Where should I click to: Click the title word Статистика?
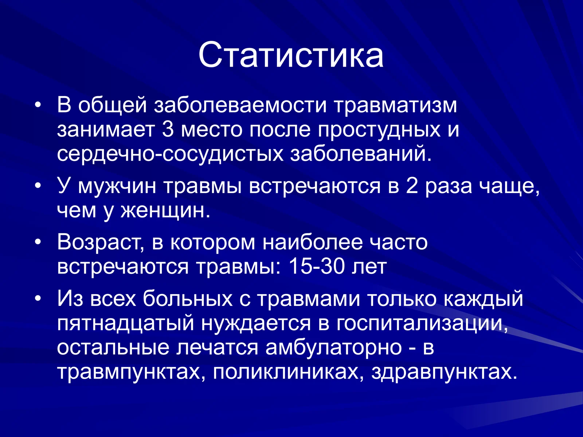(291, 55)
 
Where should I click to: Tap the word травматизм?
(395, 105)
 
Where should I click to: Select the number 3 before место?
(168, 130)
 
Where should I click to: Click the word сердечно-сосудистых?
(170, 154)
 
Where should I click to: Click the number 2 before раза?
(412, 186)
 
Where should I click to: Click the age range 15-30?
(316, 267)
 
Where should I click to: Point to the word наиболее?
(313, 243)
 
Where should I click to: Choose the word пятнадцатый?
(126, 323)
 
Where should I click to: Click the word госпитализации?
(422, 323)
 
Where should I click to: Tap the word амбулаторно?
(333, 347)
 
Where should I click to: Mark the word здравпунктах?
(444, 372)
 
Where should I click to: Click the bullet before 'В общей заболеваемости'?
(38, 106)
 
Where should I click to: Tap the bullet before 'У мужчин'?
(38, 186)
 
